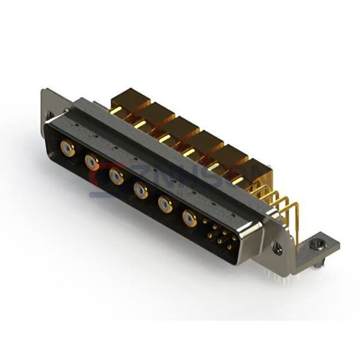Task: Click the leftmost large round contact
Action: tap(68, 148)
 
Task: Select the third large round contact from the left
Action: tap(116, 176)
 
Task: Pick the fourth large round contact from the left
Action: tap(141, 190)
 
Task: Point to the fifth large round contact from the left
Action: tap(165, 205)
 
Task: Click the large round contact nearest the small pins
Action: tap(190, 218)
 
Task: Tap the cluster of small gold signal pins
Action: tap(218, 235)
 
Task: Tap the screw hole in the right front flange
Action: tap(277, 247)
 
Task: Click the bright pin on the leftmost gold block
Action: tap(116, 110)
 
